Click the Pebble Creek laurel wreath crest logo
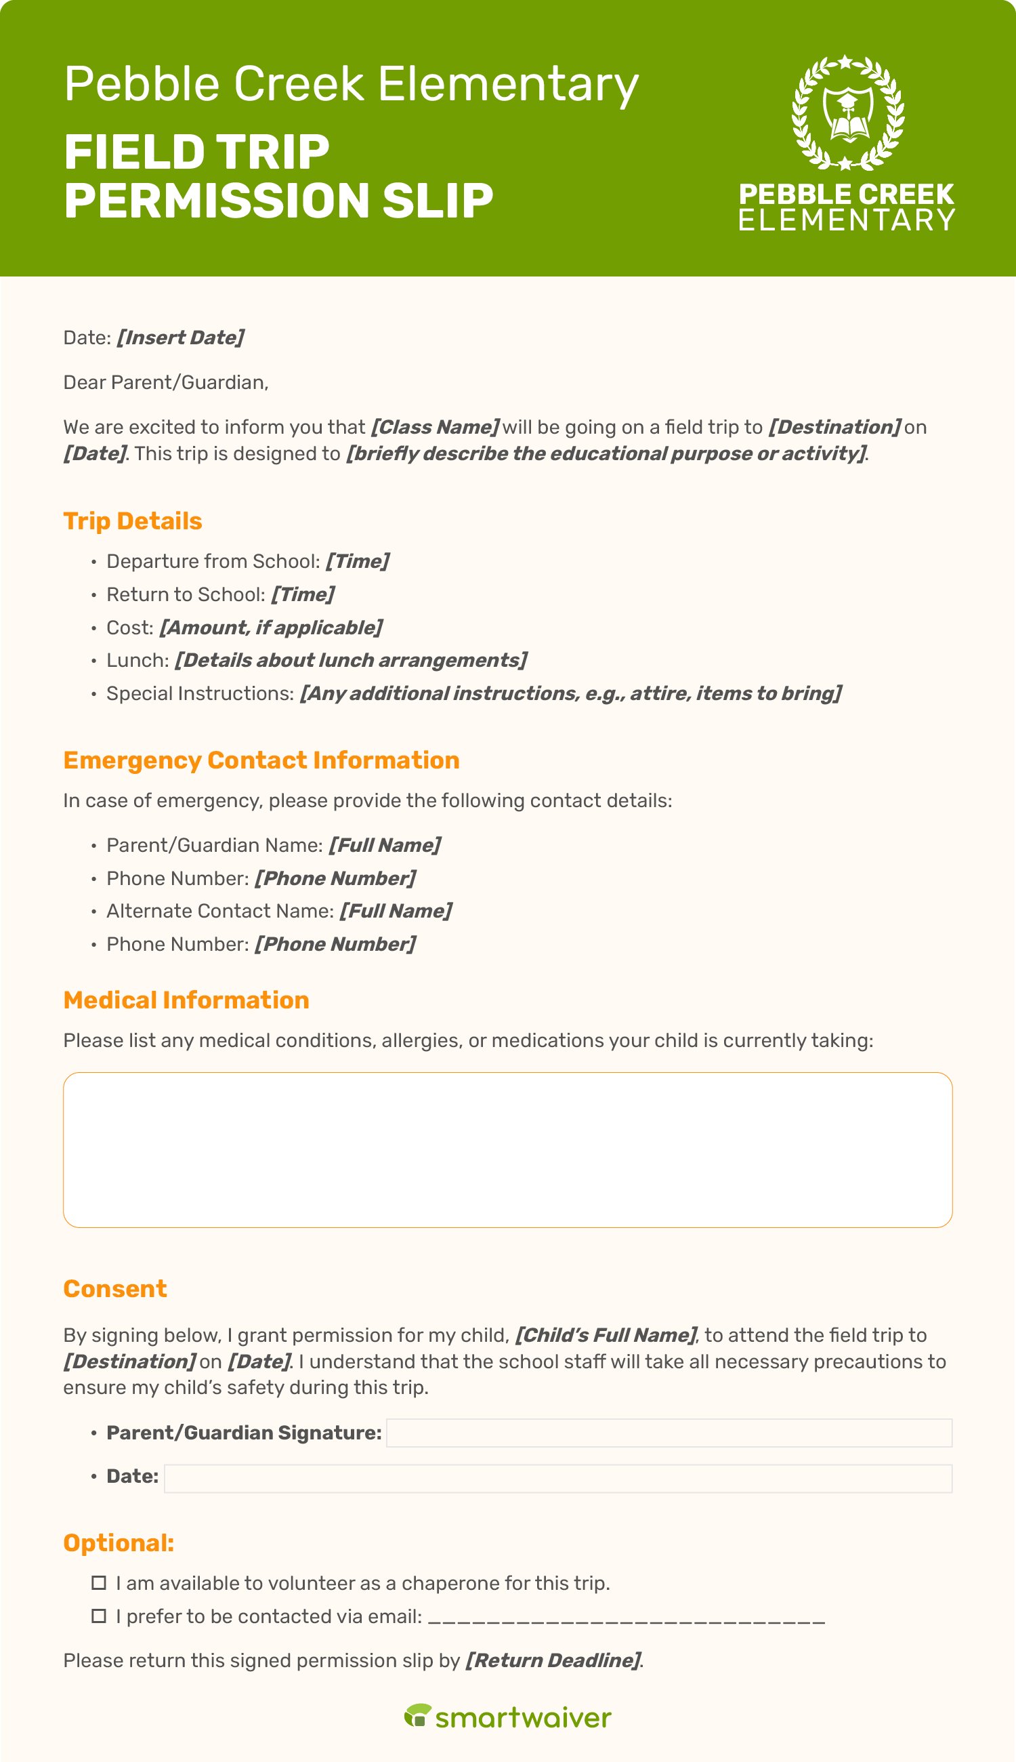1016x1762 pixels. coord(847,113)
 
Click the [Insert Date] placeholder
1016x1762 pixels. coord(180,338)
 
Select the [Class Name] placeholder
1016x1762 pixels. coord(435,427)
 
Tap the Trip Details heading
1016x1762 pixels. coord(133,521)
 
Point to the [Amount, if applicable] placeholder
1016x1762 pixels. coord(271,628)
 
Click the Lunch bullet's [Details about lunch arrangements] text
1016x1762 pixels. coord(351,660)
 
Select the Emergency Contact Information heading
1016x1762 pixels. coord(261,760)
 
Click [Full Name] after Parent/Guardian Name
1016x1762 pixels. coord(385,845)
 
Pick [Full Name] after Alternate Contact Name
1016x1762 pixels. coord(396,911)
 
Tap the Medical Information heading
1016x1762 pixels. coord(186,1000)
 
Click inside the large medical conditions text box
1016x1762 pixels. coord(507,1150)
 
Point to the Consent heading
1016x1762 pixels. coord(115,1289)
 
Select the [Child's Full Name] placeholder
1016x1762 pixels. coord(606,1336)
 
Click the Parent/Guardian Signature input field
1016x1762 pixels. coord(669,1433)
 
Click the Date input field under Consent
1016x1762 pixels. coord(557,1479)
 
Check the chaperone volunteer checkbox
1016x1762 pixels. coord(99,1583)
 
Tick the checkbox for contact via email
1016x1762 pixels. coord(99,1617)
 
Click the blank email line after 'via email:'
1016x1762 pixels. coord(626,1618)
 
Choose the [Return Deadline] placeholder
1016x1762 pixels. coord(553,1661)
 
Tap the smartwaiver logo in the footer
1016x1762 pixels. coord(507,1718)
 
